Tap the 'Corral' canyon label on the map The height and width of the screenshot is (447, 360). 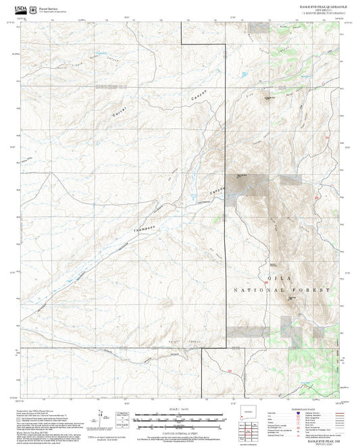[121, 115]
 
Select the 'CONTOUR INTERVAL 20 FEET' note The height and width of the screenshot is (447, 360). [180, 429]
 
